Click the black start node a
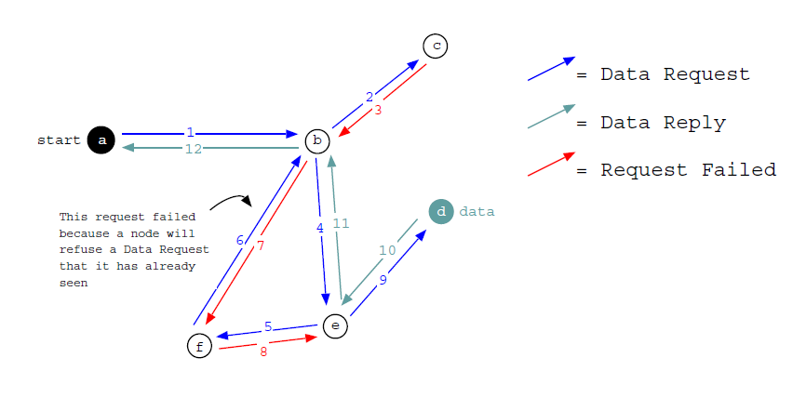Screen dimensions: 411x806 point(101,140)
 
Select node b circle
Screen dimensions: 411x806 point(317,140)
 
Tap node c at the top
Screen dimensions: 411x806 point(435,46)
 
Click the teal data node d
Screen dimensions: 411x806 point(441,211)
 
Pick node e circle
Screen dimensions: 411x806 point(335,326)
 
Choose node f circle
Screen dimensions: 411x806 point(199,346)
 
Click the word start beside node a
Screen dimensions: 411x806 point(59,140)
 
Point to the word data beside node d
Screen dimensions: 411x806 point(477,212)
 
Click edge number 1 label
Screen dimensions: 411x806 point(190,133)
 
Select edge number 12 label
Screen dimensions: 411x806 point(193,149)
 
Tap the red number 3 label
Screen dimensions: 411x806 point(378,110)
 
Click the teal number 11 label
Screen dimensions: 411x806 point(341,223)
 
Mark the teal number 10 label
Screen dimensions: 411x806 point(387,250)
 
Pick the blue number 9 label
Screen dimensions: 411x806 point(383,280)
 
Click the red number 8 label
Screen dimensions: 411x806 point(263,352)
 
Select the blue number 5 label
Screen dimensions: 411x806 point(268,326)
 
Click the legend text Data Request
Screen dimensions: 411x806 point(675,74)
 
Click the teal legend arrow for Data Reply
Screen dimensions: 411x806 point(551,116)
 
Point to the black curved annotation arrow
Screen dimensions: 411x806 point(230,200)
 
